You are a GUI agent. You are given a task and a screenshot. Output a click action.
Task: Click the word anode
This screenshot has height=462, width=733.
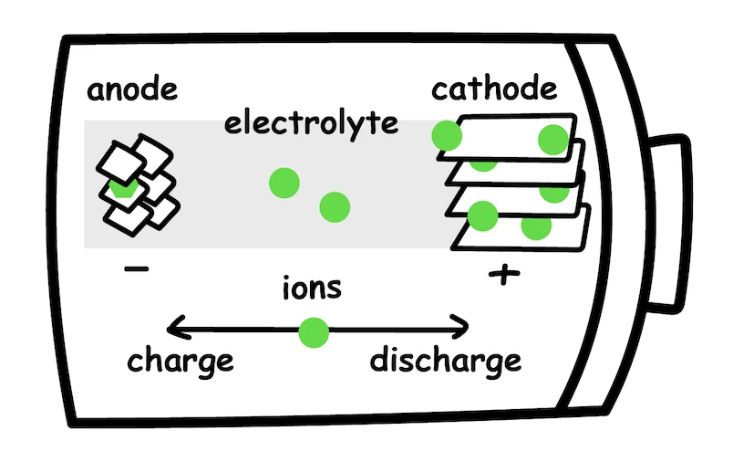click(131, 91)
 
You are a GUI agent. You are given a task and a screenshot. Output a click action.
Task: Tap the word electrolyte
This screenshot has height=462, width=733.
click(311, 122)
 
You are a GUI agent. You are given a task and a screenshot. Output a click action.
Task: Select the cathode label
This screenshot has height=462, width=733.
click(493, 89)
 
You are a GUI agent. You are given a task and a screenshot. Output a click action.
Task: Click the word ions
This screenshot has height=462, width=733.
click(312, 288)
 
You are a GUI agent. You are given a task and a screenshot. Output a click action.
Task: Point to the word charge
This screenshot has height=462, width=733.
click(180, 360)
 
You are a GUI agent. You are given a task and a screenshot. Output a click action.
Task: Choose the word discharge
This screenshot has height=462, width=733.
click(445, 360)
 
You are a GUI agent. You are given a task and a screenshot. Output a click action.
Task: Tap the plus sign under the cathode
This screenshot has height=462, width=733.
click(500, 273)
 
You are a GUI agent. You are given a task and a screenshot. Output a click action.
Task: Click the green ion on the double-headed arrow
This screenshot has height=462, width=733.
click(313, 331)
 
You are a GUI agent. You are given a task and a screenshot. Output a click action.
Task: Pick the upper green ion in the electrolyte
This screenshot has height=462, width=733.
click(284, 183)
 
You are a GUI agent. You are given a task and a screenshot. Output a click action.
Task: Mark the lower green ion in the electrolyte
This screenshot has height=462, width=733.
click(335, 207)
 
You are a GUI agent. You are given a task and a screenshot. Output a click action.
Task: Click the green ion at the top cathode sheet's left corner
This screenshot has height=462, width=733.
click(447, 136)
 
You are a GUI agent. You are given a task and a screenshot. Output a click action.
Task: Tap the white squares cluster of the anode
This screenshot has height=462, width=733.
click(139, 183)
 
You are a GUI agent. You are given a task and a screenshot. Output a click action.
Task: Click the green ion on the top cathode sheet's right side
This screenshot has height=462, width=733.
click(552, 140)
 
